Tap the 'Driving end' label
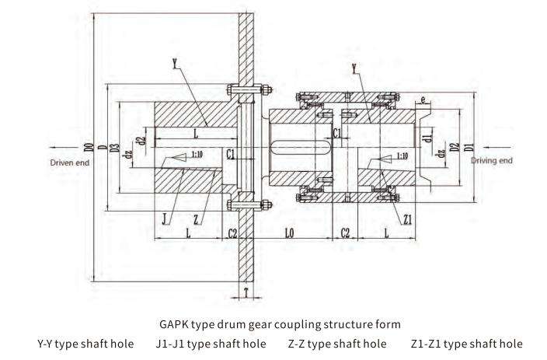pos(492,160)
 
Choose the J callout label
pos(165,221)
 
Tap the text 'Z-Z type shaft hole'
pos(336,343)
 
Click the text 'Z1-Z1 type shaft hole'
pos(466,343)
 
